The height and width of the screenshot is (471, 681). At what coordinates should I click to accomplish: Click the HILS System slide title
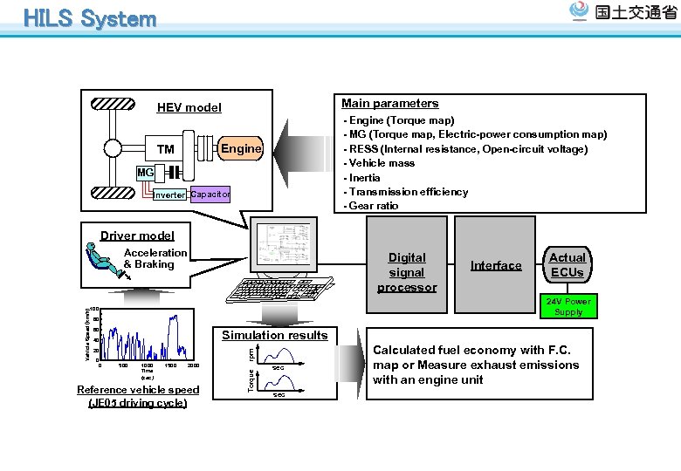coord(90,18)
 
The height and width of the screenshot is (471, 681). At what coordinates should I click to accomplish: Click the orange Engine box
coord(241,148)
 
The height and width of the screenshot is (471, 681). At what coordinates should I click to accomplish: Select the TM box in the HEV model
coord(166,149)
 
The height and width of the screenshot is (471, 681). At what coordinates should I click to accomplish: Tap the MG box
coord(144,174)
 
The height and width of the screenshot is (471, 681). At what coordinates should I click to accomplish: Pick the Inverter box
coord(169,195)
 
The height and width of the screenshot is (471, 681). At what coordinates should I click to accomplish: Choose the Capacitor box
coord(210,195)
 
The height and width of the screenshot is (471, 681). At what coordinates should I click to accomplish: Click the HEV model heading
coord(189,108)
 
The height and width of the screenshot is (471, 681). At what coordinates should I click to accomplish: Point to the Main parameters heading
coord(389,103)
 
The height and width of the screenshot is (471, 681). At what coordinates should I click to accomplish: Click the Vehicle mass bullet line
coord(381,163)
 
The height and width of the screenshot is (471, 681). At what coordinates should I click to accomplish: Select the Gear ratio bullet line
coord(374,206)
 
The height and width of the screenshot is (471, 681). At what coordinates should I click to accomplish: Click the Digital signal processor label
coord(407,272)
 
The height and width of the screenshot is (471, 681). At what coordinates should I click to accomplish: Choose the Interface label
coord(496,265)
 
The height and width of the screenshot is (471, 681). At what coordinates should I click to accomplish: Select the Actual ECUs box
coord(567,264)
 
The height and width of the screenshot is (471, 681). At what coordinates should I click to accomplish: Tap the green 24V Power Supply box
coord(568,306)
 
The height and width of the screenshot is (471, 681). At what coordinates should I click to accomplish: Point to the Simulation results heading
coord(274,335)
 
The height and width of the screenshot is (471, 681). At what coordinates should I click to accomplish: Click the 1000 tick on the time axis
coord(147,365)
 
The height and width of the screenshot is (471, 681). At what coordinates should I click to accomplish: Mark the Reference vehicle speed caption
coord(138,396)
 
